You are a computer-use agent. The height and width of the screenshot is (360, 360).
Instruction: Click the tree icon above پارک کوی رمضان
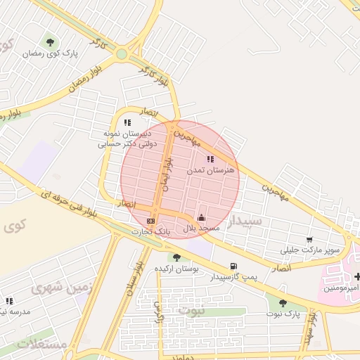click(49, 41)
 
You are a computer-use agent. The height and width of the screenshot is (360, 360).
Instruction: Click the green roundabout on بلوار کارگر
click(122, 53)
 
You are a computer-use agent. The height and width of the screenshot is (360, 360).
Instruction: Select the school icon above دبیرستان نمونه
click(127, 122)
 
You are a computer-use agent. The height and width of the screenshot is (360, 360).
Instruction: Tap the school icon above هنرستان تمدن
click(210, 159)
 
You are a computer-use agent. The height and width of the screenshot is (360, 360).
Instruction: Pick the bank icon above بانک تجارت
click(150, 221)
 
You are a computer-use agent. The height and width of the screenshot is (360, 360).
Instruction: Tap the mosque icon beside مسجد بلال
click(202, 217)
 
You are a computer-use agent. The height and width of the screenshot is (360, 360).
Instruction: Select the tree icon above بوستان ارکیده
click(177, 257)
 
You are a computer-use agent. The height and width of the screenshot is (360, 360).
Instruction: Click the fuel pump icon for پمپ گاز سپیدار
click(233, 266)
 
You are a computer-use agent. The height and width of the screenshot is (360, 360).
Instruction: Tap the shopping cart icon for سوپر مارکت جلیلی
click(310, 239)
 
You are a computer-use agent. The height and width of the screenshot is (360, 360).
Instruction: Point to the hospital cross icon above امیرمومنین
click(357, 276)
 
